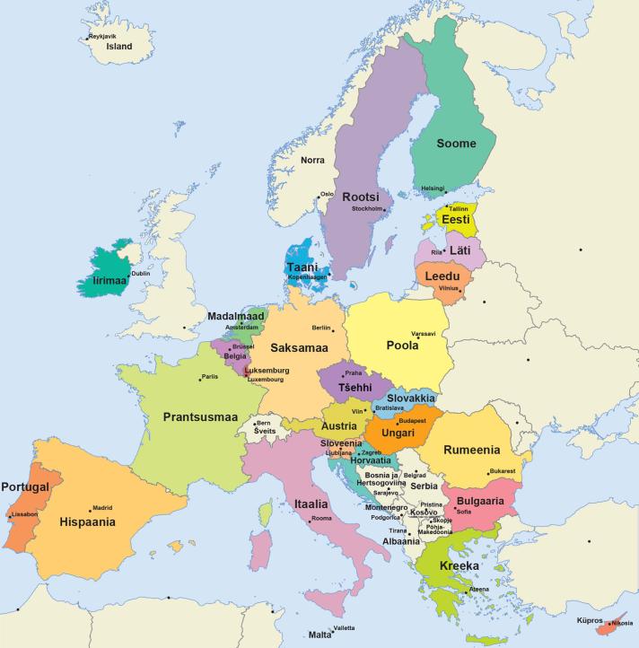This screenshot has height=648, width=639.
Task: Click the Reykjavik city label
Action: pyautogui.click(x=104, y=36)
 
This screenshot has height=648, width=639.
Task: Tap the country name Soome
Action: pyautogui.click(x=456, y=143)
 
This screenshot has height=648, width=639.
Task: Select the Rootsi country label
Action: pyautogui.click(x=362, y=197)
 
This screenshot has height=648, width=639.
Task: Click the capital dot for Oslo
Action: pyautogui.click(x=318, y=195)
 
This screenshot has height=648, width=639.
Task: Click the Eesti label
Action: pyautogui.click(x=456, y=219)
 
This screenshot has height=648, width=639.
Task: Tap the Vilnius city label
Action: pyautogui.click(x=449, y=288)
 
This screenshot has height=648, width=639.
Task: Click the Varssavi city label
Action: pyautogui.click(x=424, y=334)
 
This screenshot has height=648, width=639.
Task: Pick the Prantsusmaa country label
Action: pyautogui.click(x=200, y=416)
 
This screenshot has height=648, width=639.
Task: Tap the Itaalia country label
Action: pyautogui.click(x=310, y=504)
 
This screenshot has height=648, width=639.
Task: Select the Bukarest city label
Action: pyautogui.click(x=502, y=471)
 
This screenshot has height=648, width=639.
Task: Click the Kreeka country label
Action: pyautogui.click(x=460, y=567)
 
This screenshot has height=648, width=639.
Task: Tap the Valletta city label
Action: pyautogui.click(x=345, y=627)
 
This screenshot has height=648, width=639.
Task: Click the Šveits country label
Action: pyautogui.click(x=264, y=430)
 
